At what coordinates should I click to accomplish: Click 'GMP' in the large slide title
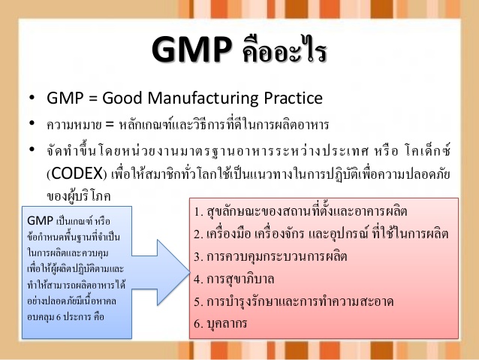[192, 50]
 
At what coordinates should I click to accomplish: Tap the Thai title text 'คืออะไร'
[285, 49]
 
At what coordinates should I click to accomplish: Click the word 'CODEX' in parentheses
[77, 174]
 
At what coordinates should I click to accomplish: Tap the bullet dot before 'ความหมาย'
[32, 123]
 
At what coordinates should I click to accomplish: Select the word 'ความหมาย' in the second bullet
[74, 125]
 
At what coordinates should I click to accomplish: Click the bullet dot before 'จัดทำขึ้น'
[32, 150]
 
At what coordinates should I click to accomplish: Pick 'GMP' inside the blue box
[40, 221]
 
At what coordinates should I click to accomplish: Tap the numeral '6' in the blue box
[59, 317]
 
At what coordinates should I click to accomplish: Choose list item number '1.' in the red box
[198, 212]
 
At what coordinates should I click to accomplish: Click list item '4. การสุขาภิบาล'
[234, 279]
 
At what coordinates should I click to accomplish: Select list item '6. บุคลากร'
[221, 324]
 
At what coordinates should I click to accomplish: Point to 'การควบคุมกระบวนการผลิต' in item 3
[277, 256]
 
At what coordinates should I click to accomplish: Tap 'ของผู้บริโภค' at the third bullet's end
[79, 195]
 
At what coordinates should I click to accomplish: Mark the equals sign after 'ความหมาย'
[110, 125]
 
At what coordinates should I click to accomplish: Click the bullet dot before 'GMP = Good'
[32, 98]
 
